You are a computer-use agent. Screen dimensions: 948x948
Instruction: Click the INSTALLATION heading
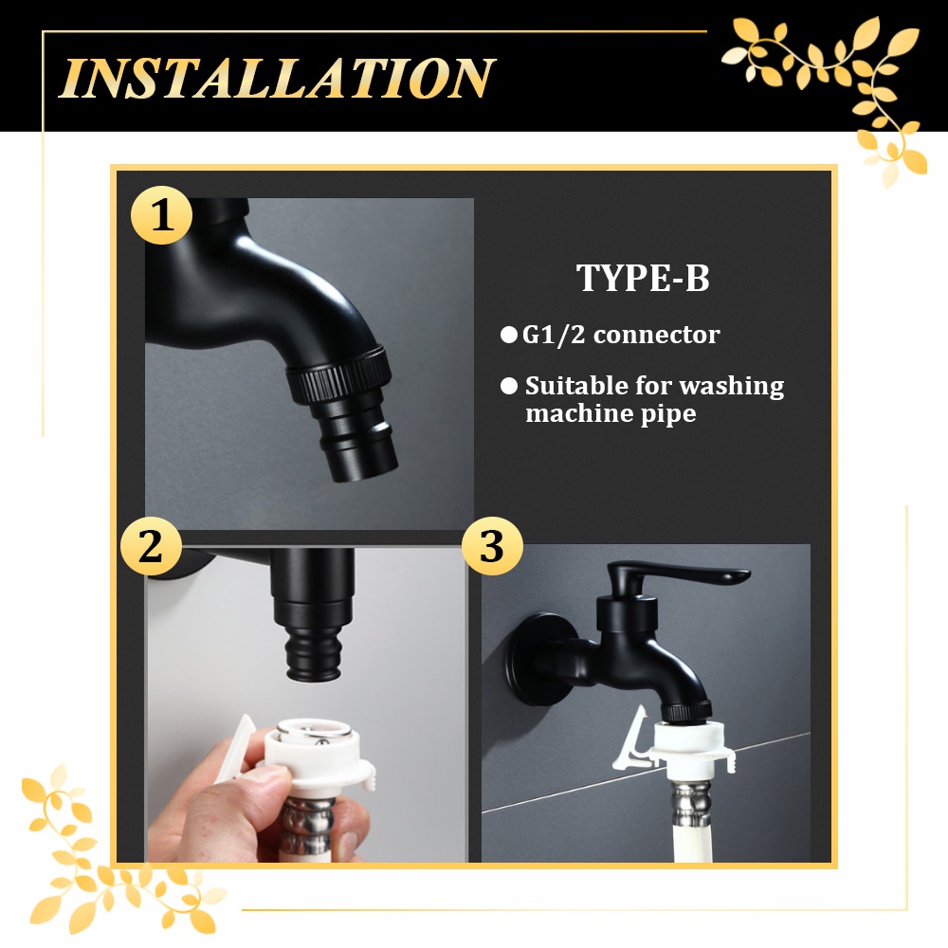[x=277, y=78]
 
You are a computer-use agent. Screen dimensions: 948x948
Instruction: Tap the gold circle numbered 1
[x=161, y=215]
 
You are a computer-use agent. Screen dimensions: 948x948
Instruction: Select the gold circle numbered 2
[x=151, y=546]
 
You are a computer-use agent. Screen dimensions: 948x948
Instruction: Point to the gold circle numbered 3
[x=491, y=546]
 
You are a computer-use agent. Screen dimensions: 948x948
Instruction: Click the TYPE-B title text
[x=643, y=278]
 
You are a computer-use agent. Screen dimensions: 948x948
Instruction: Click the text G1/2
[x=554, y=335]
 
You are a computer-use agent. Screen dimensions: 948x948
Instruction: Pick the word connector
[x=657, y=335]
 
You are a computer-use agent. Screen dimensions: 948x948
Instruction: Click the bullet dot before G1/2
[x=509, y=335]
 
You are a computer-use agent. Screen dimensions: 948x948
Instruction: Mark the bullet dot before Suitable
[x=509, y=386]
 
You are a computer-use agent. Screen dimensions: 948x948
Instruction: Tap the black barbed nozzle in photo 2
[x=313, y=653]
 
